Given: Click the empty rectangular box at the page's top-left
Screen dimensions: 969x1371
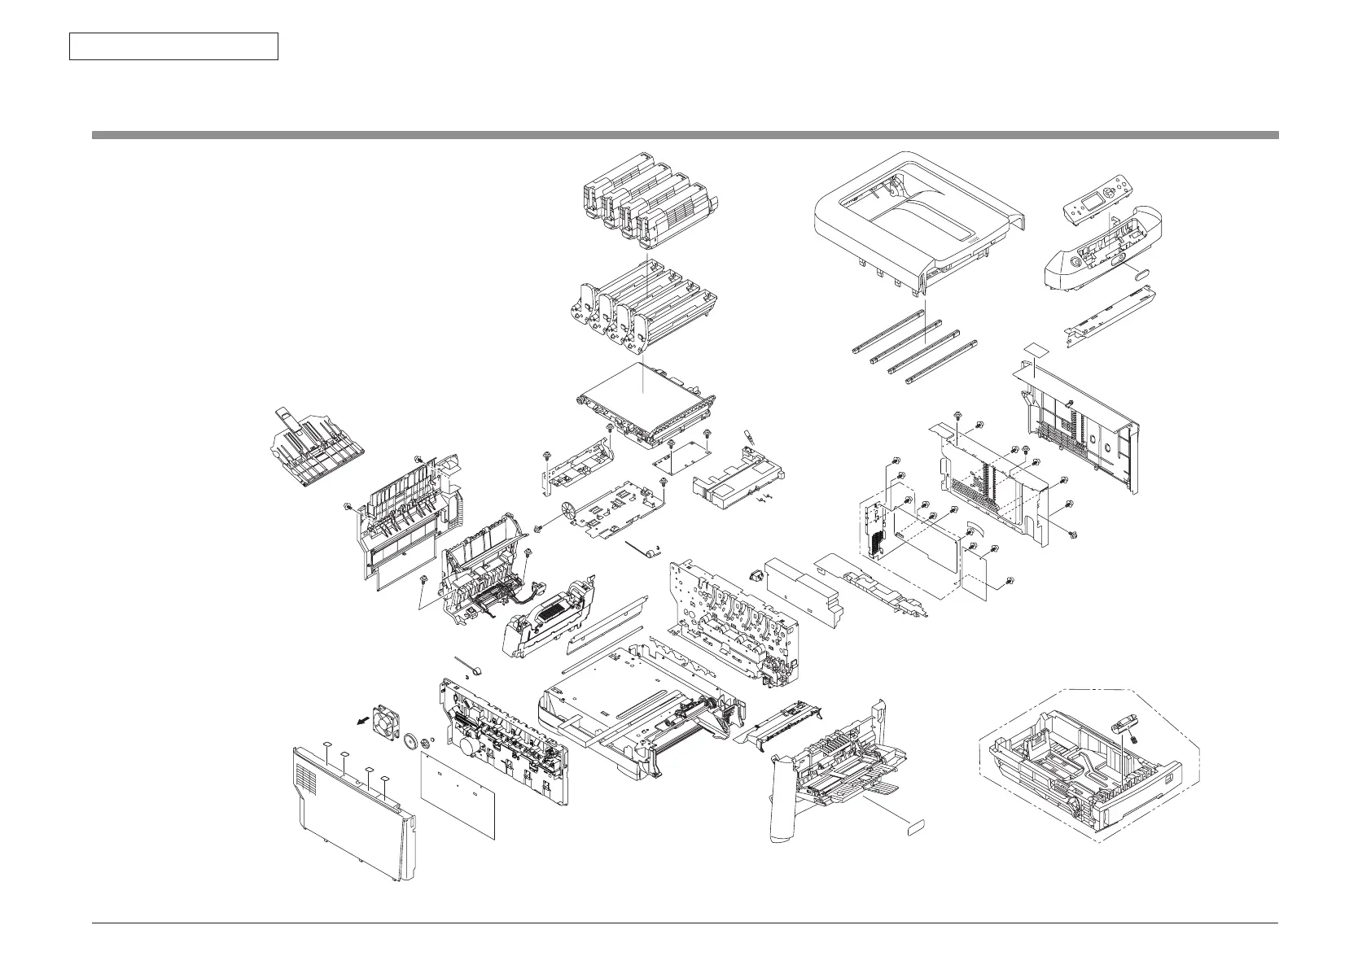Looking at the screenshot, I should point(173,46).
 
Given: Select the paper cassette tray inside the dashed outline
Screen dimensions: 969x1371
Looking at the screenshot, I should point(1091,773).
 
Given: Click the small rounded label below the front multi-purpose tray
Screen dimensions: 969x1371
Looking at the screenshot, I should point(916,827).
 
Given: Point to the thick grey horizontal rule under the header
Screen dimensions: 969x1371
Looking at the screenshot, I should point(685,135).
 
